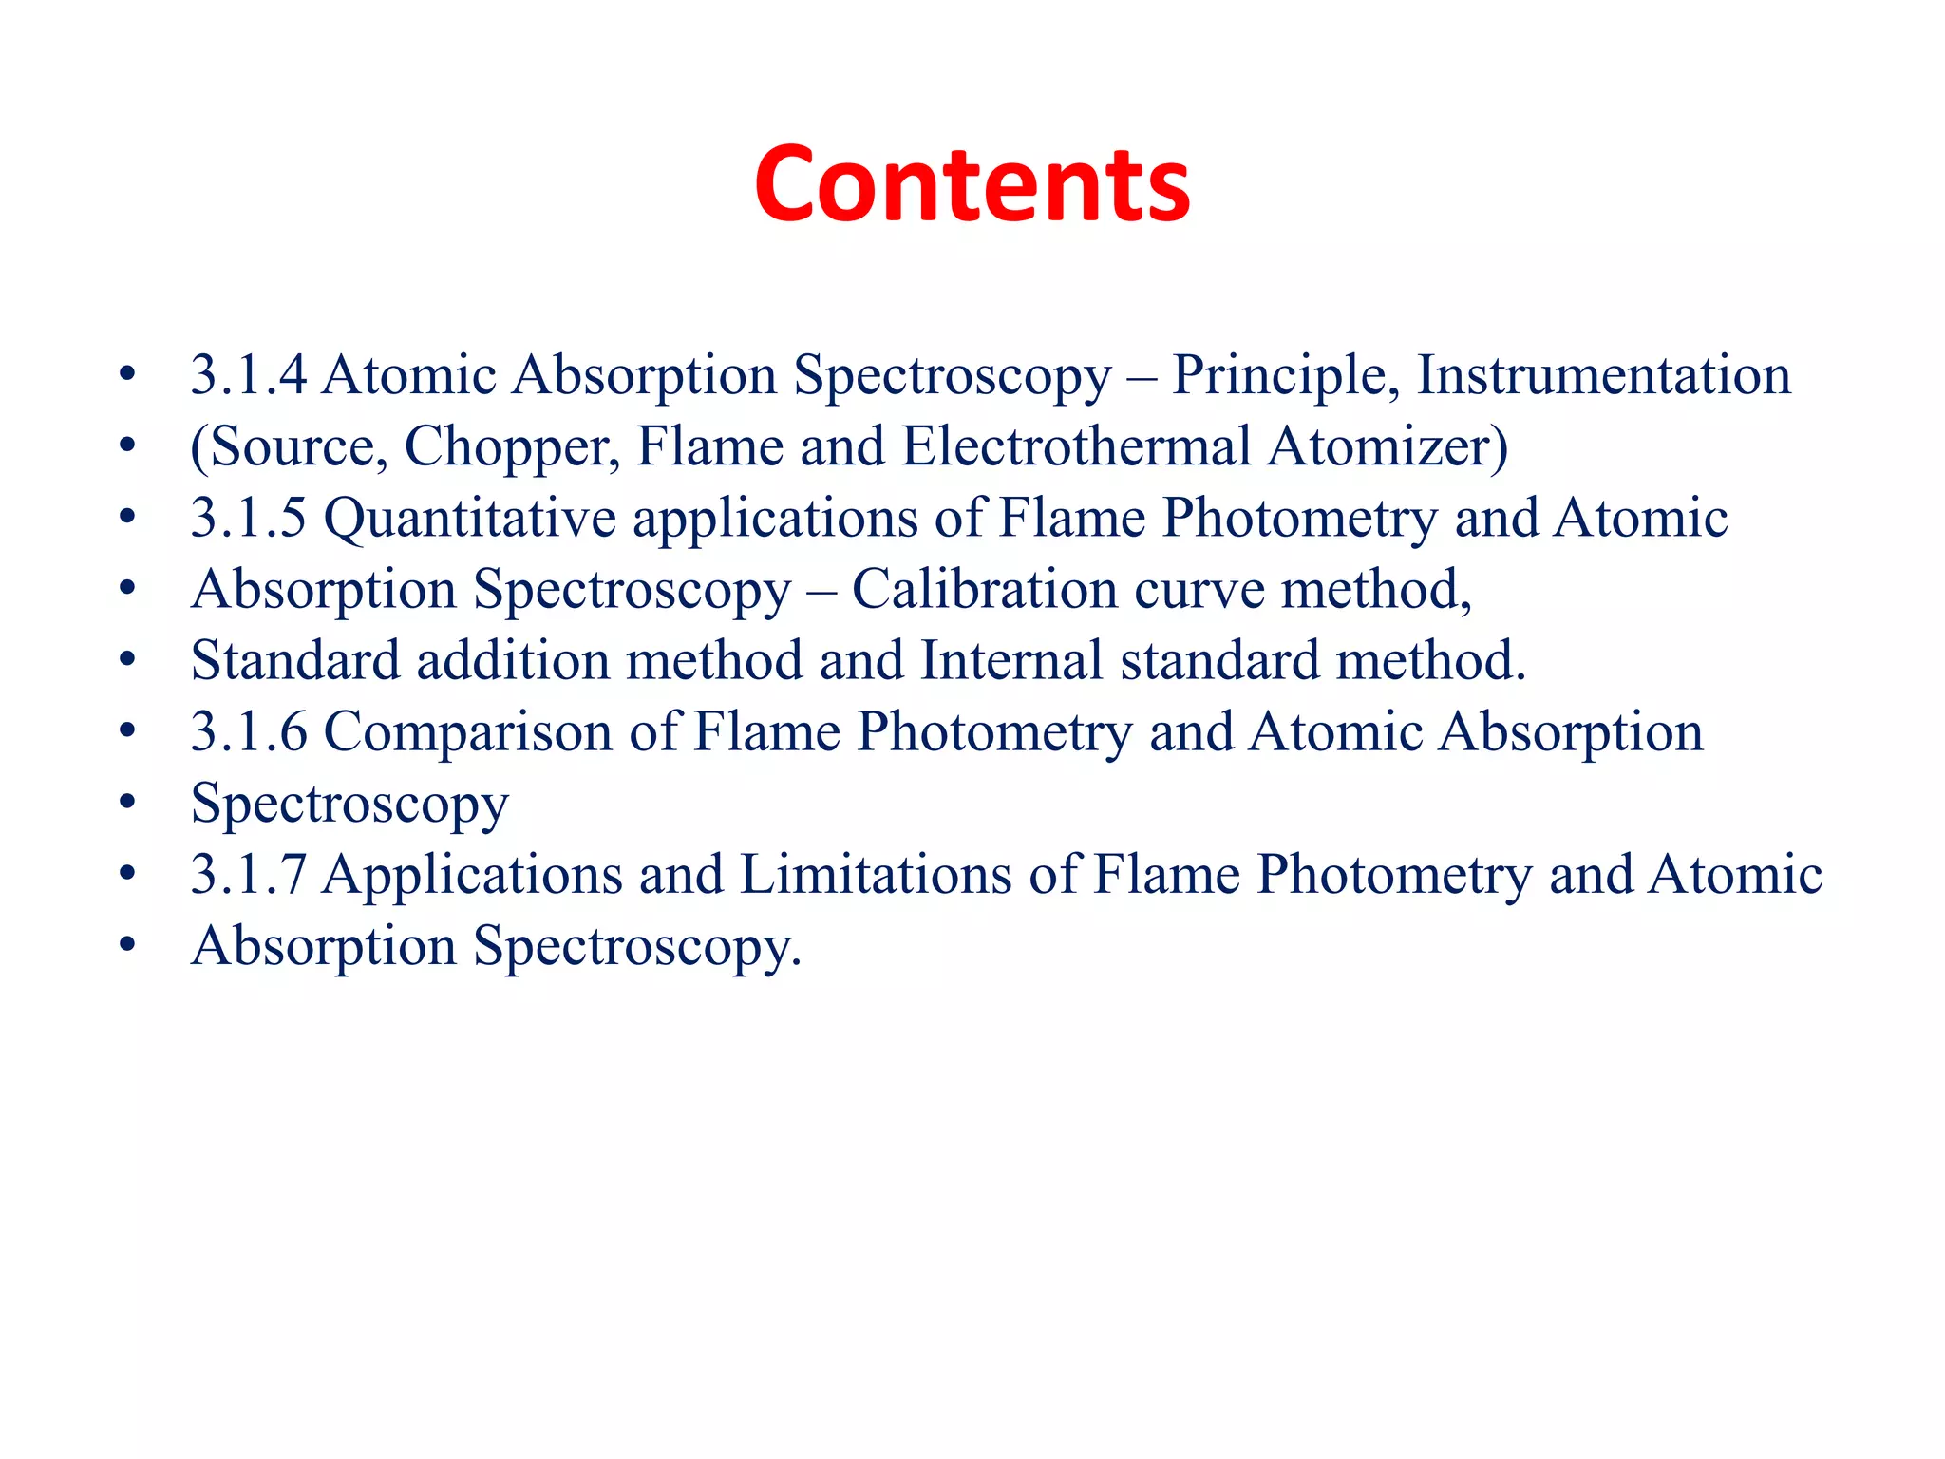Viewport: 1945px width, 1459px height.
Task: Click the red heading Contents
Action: pos(972,185)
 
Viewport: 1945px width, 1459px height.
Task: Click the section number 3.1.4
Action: pos(249,375)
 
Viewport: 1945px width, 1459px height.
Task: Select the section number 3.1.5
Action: pos(249,519)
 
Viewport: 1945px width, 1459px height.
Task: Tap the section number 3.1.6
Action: pos(249,732)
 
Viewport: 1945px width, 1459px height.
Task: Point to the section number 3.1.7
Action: pos(249,875)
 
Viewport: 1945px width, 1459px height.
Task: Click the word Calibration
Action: pos(984,590)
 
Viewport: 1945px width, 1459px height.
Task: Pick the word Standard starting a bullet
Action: pos(295,661)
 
